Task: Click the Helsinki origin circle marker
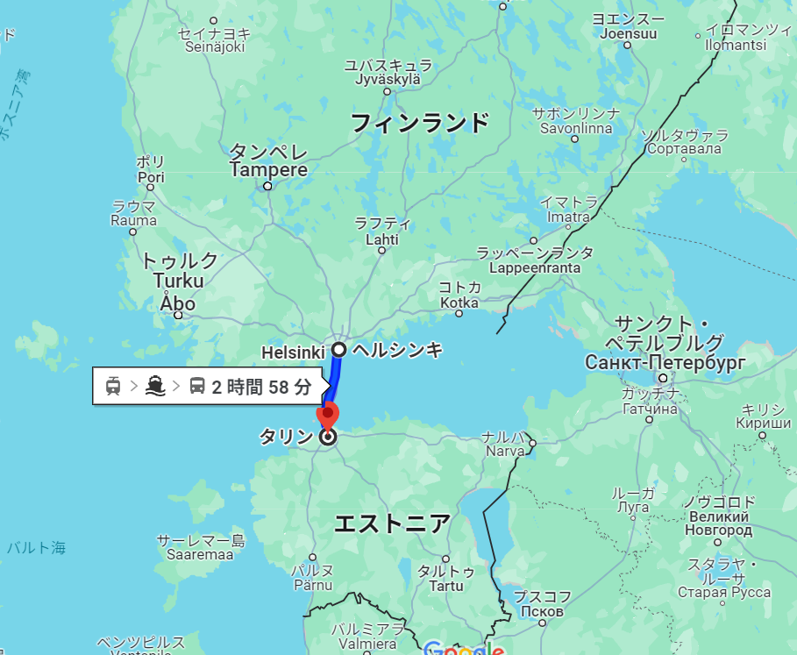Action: [338, 350]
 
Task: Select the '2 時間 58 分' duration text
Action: [261, 386]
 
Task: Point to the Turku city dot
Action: [179, 315]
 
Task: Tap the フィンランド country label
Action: [419, 123]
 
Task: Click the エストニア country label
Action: [393, 523]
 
